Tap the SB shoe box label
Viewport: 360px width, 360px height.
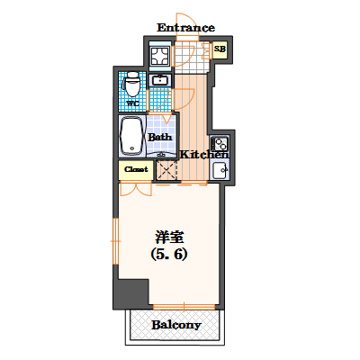[x=219, y=49]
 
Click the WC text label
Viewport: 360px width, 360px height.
[x=131, y=103]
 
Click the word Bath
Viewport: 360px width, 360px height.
[x=160, y=138]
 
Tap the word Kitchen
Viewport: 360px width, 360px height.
[x=204, y=155]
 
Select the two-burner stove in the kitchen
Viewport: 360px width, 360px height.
[x=220, y=143]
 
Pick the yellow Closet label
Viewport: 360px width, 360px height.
[x=135, y=168]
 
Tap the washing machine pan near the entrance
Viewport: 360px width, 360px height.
[x=161, y=57]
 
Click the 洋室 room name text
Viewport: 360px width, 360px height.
[x=168, y=238]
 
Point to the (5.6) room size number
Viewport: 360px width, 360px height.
[x=168, y=255]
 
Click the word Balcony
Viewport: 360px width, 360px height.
[x=175, y=324]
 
